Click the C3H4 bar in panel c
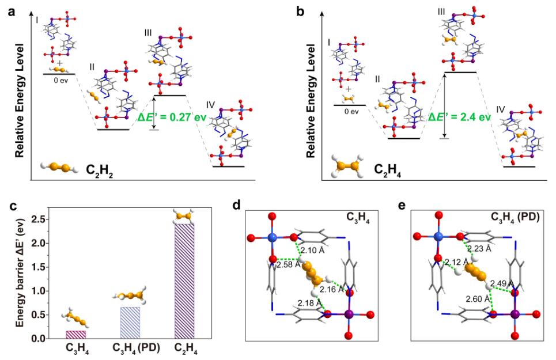(75, 335)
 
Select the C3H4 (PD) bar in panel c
(130, 323)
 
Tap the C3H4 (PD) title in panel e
(512, 218)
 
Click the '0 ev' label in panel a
(59, 81)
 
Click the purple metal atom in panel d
(349, 314)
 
